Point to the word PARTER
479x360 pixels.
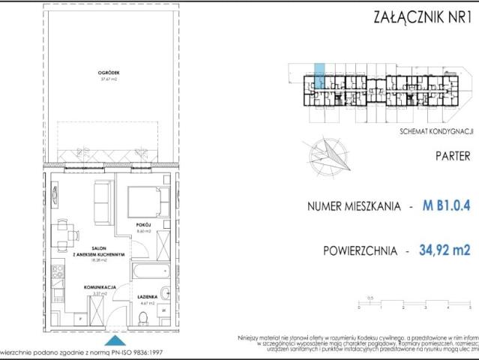(x=452, y=156)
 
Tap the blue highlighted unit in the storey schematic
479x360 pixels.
(x=319, y=77)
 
